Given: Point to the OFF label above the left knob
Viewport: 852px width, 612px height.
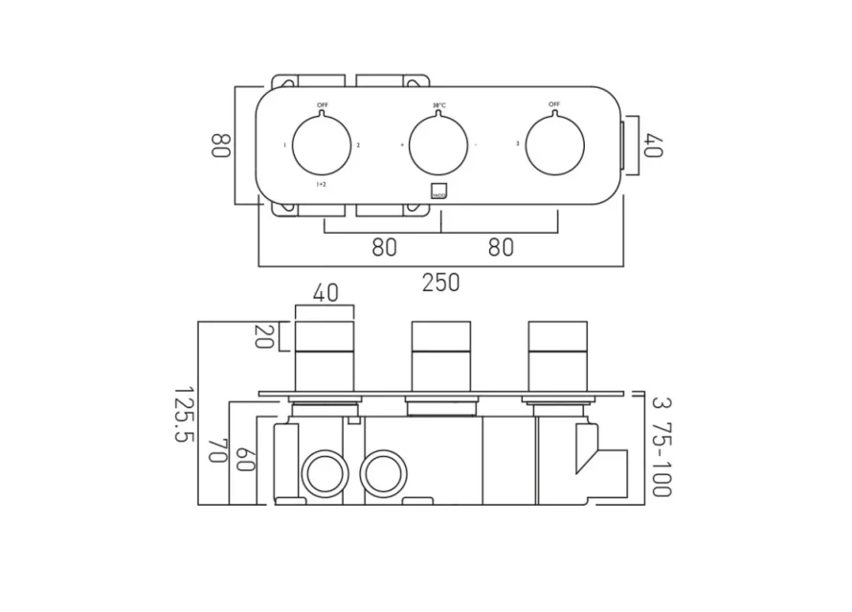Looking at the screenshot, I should (x=323, y=103).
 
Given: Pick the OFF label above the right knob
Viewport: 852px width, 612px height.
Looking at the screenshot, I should (x=555, y=103).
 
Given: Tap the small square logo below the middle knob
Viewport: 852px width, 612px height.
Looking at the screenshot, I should (x=439, y=190).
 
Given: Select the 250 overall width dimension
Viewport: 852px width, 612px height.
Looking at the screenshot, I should (x=440, y=283).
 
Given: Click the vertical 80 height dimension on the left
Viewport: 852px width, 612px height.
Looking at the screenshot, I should (x=220, y=145).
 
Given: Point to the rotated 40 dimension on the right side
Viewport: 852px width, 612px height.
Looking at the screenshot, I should (x=653, y=146).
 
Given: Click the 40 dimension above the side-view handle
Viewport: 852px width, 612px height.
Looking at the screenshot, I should (x=325, y=294).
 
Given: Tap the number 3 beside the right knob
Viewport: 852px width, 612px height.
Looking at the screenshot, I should (x=518, y=145).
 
